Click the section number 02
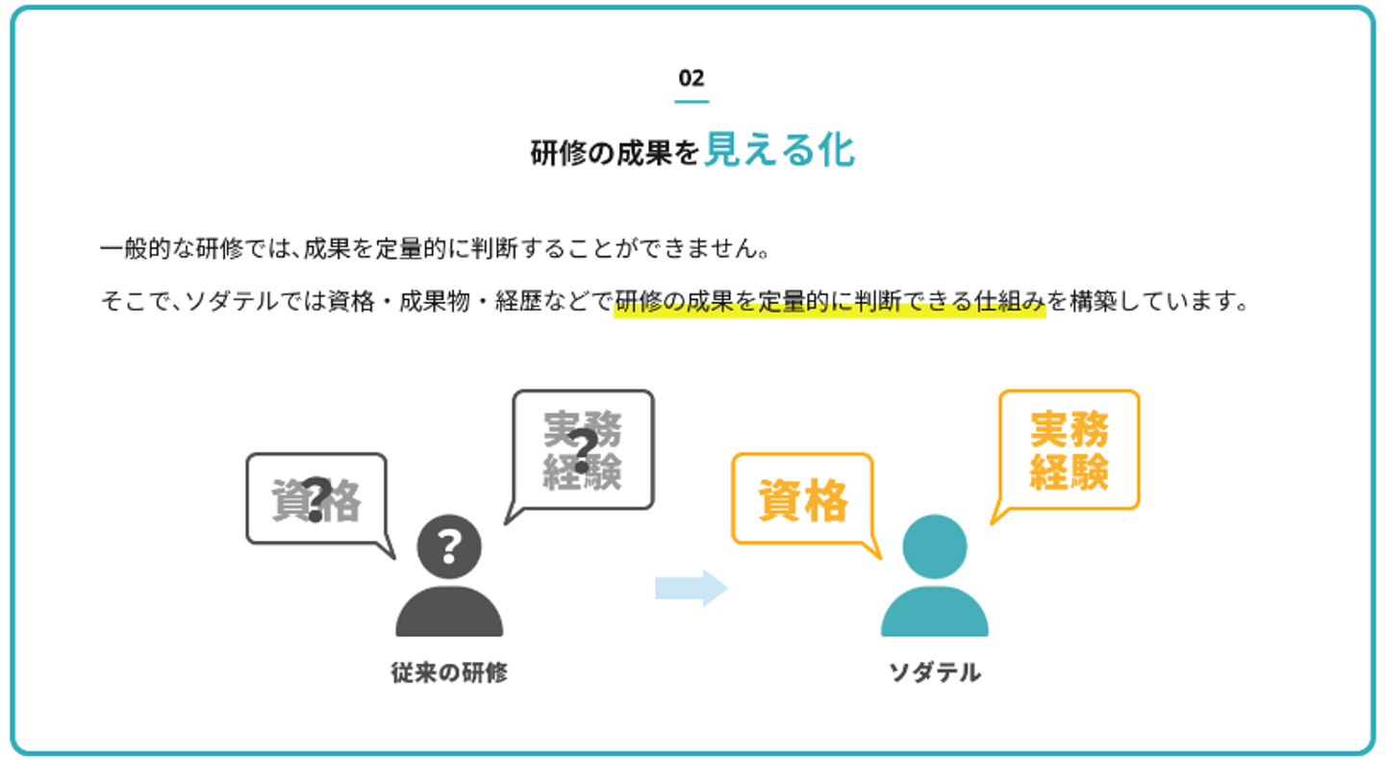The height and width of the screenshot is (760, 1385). click(692, 78)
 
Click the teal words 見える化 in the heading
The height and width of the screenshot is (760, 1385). click(780, 150)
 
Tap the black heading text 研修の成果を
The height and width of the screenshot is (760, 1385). click(615, 153)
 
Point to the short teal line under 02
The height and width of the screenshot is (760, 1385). click(692, 101)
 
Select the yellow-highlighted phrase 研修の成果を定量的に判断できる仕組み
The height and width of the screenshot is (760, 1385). click(830, 302)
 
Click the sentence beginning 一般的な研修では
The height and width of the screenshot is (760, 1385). click(436, 248)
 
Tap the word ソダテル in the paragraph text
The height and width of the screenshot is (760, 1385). click(232, 302)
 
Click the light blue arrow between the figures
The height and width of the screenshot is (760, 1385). click(692, 588)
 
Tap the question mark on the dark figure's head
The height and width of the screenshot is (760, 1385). click(449, 546)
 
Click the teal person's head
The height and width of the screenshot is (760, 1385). click(935, 546)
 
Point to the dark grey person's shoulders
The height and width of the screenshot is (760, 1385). click(449, 611)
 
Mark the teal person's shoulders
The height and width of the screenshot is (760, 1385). click(935, 611)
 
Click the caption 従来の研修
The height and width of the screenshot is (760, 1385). click(449, 672)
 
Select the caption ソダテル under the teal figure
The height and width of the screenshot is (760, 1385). click(935, 672)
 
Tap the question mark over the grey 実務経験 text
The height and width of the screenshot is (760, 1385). click(583, 451)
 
